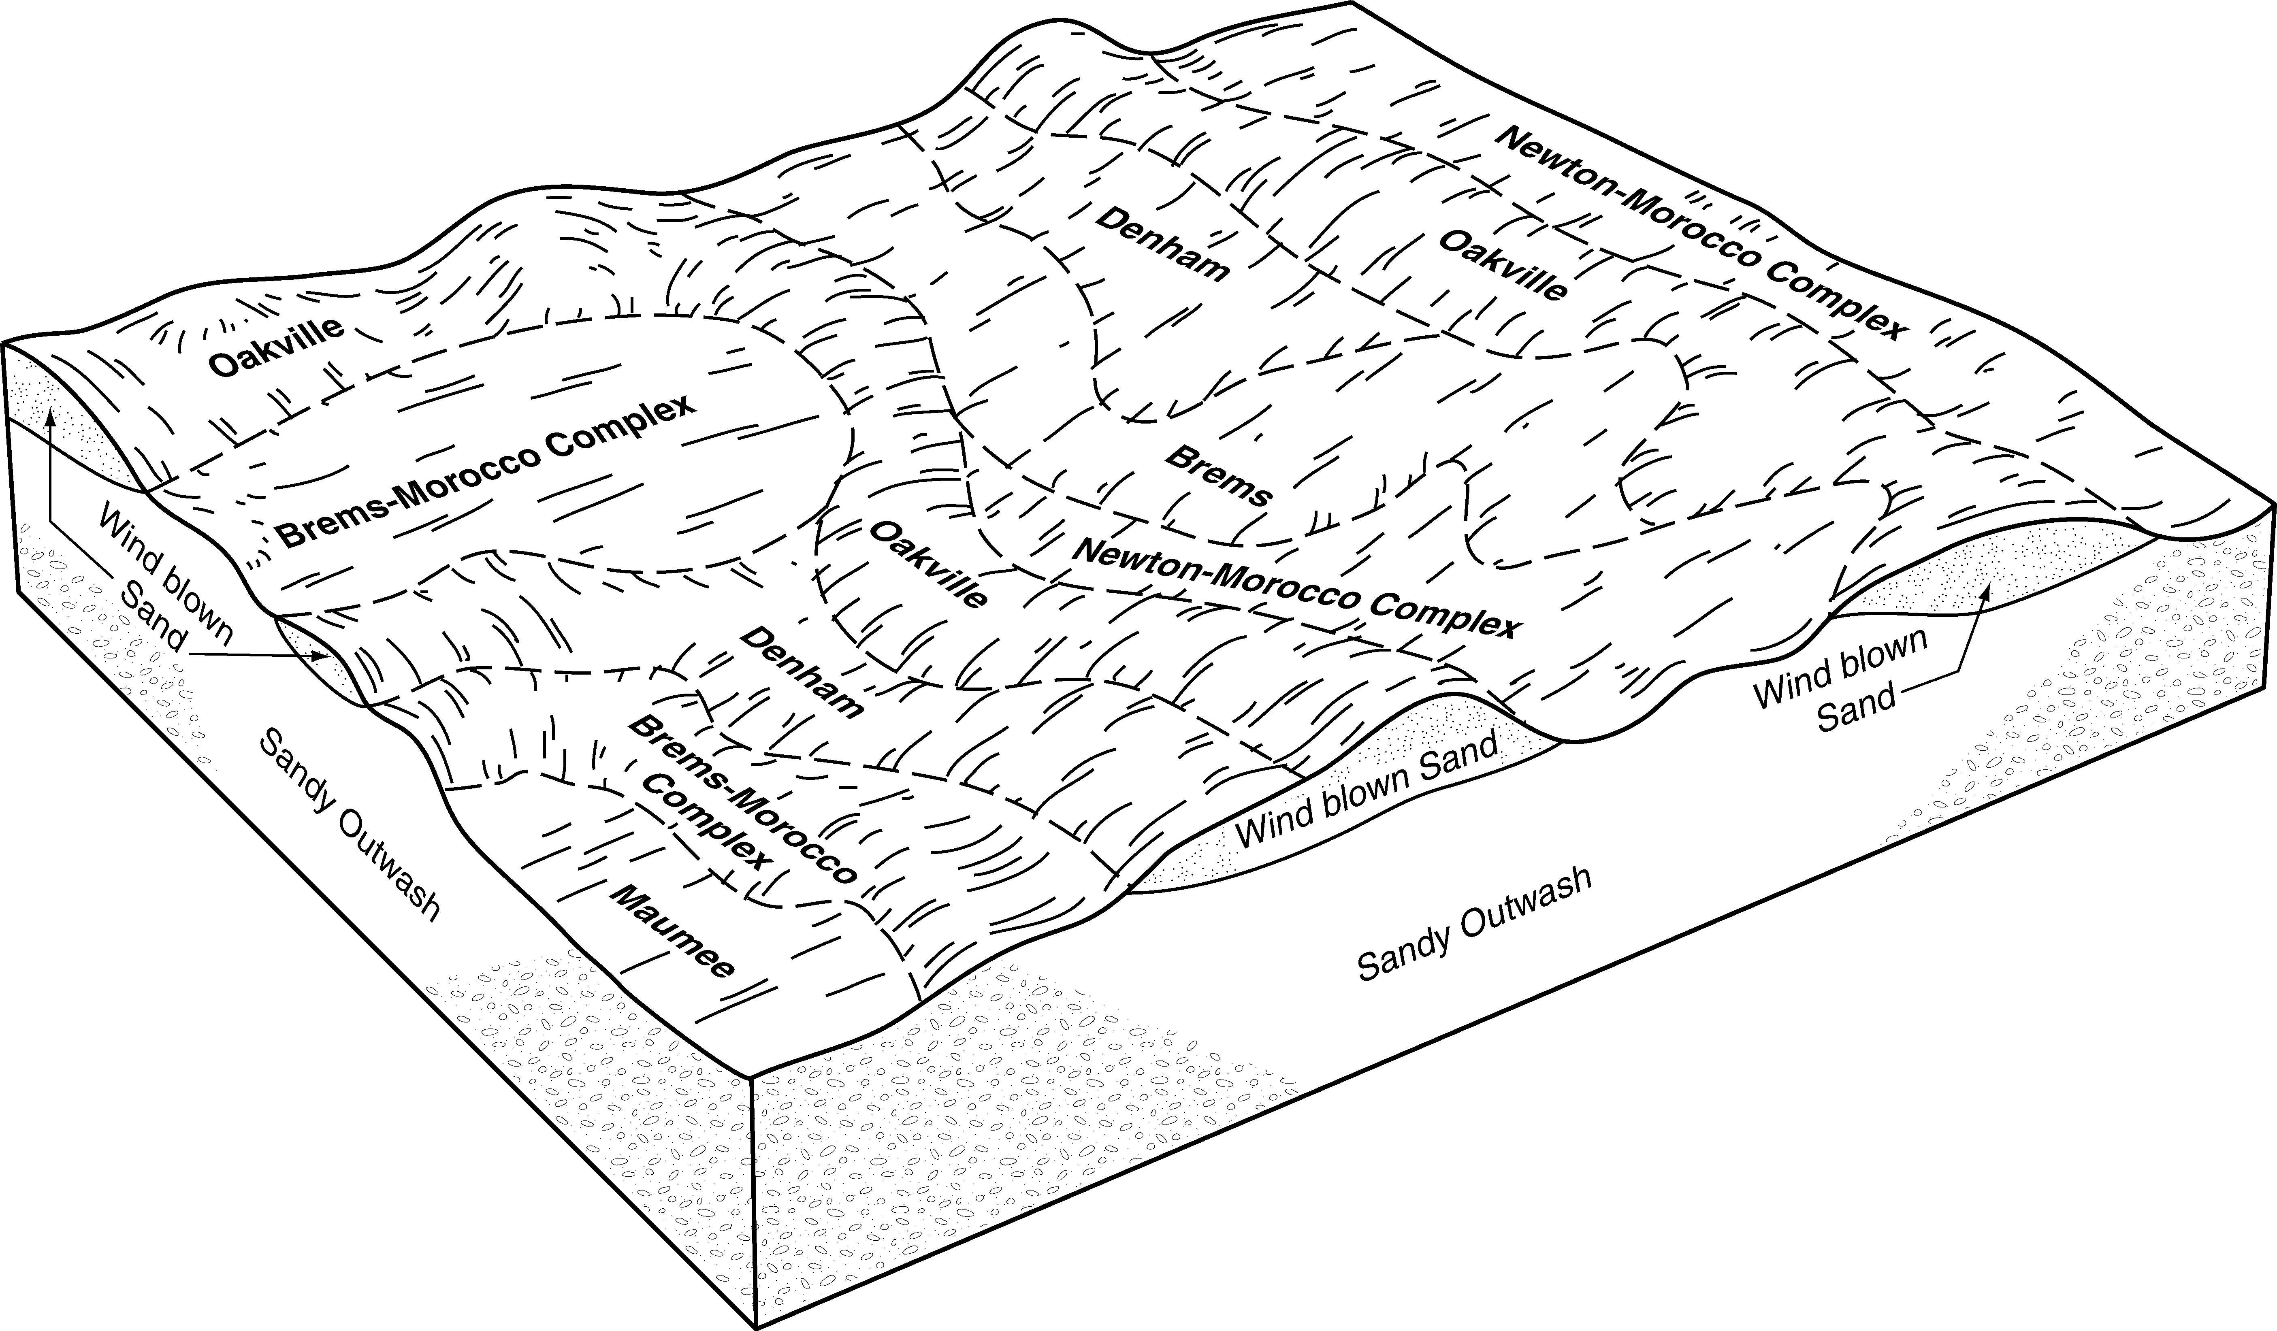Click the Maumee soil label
[673, 931]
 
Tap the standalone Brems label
[1219, 475]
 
